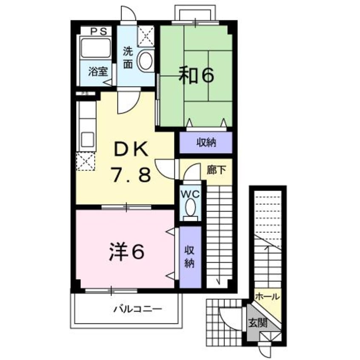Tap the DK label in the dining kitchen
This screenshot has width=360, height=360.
[131, 149]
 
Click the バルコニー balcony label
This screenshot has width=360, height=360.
[137, 309]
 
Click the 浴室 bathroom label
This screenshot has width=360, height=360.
[97, 71]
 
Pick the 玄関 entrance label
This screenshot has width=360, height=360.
[258, 323]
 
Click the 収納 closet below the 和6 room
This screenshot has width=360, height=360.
[206, 143]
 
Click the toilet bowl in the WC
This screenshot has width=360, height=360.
[190, 209]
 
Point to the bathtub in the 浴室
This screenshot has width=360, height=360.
[95, 48]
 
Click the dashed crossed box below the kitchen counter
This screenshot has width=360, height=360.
[86, 161]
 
